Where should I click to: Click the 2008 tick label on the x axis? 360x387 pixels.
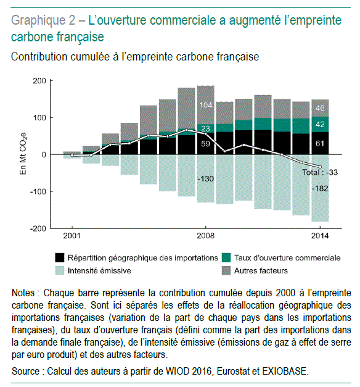(205, 236)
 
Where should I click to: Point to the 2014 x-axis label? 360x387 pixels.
(320, 236)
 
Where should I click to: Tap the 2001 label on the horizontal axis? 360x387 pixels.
(72, 236)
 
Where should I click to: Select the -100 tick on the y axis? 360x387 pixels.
(38, 191)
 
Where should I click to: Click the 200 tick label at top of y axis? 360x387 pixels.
(39, 81)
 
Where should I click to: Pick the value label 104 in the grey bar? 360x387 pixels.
(205, 105)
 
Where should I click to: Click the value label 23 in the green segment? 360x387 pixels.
(205, 128)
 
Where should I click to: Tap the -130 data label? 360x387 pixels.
(206, 178)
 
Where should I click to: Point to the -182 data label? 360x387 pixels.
(320, 189)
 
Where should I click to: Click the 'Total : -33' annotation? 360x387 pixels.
(320, 172)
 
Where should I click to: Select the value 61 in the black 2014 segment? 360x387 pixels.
(320, 143)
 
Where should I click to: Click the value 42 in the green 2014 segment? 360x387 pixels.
(320, 124)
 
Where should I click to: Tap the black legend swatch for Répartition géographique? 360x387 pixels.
(60, 257)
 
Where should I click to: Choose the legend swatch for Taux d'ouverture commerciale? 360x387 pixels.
(226, 257)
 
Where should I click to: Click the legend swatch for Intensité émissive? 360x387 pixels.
(60, 271)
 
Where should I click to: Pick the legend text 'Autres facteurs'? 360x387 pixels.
(261, 271)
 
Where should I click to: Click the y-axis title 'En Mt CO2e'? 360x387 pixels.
(23, 154)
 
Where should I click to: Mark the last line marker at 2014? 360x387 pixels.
(320, 167)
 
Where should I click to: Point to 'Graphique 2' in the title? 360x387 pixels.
(43, 20)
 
